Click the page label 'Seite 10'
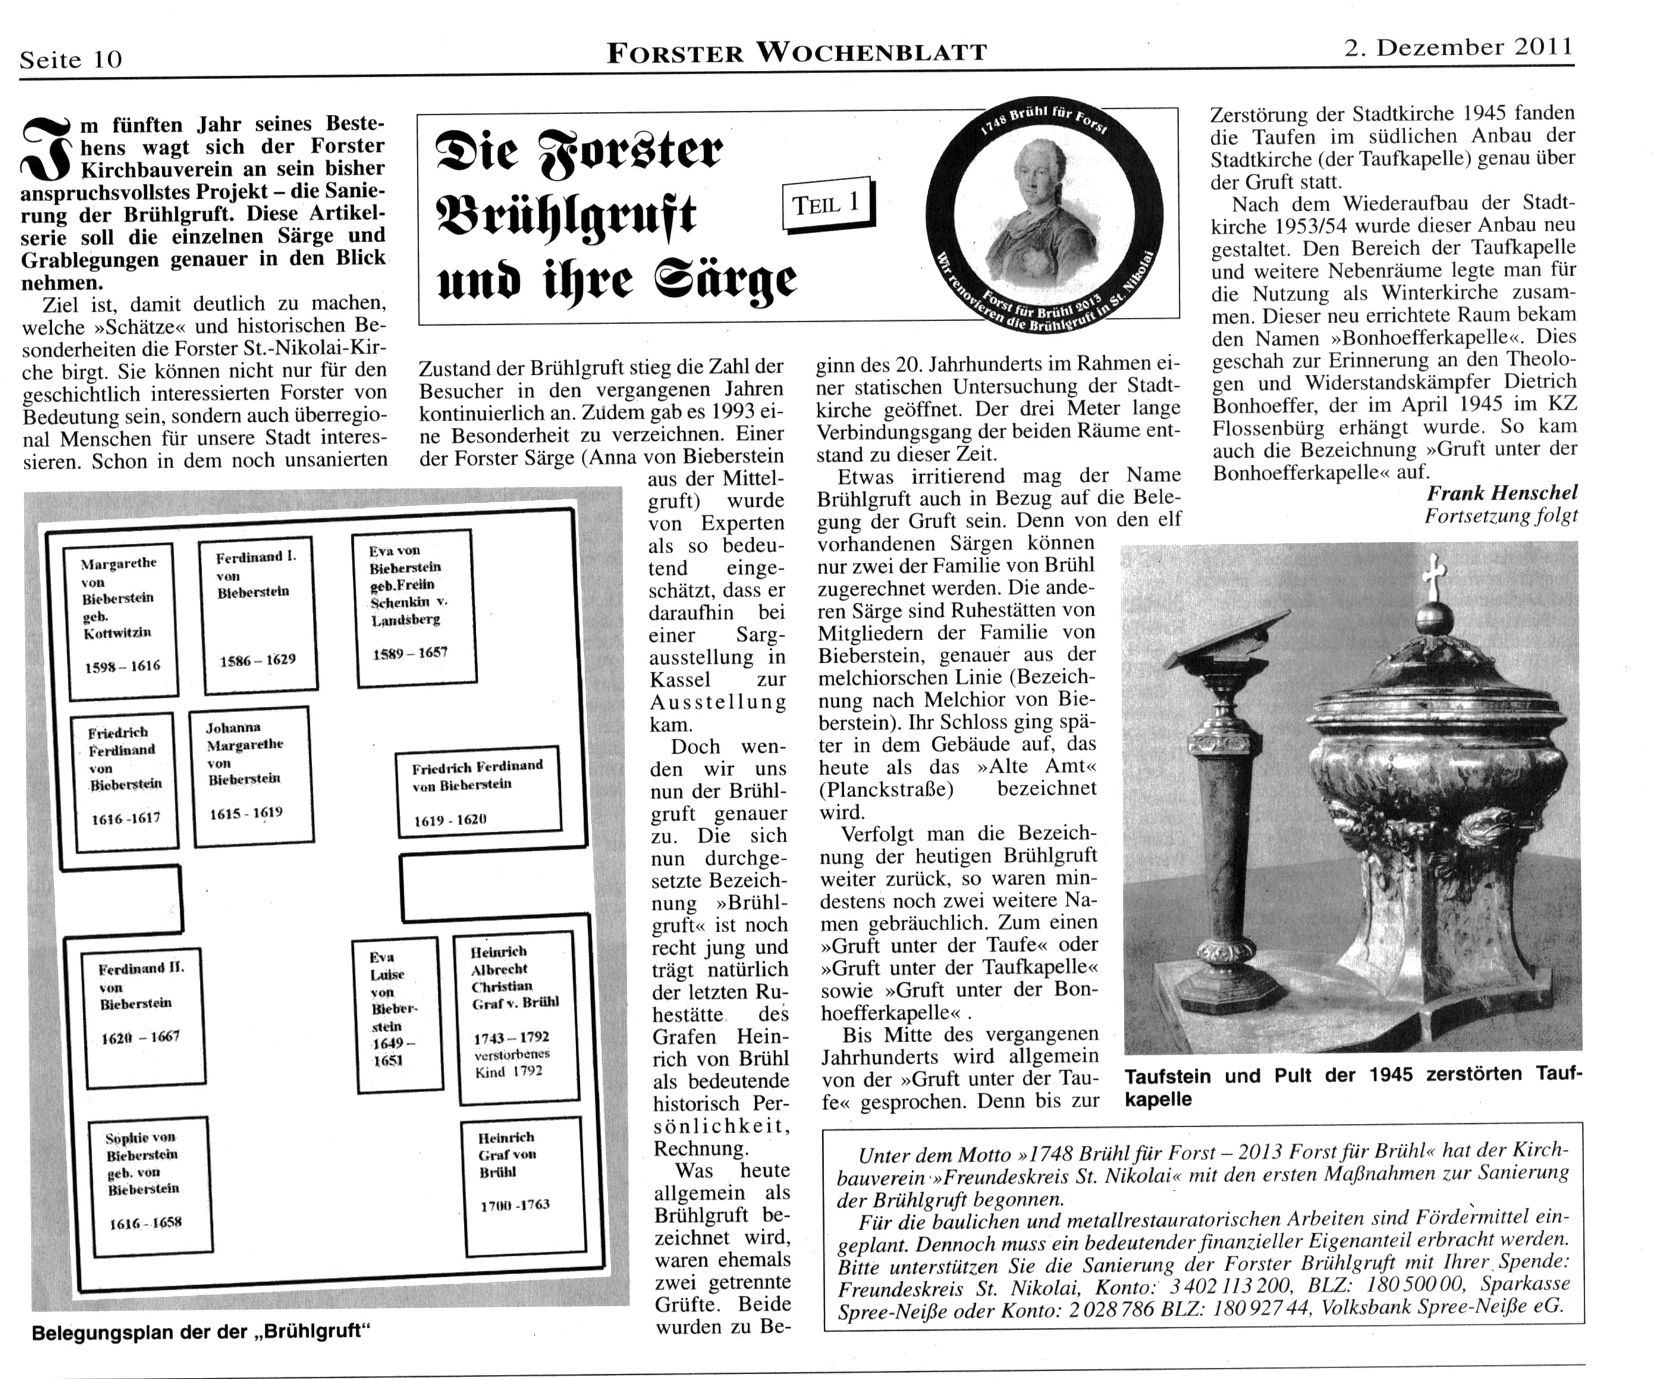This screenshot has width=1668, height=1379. point(71,59)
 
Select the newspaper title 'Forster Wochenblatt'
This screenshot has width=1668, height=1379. point(796,52)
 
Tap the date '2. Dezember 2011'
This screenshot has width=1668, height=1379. point(1457,48)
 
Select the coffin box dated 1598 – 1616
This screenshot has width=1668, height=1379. point(121,621)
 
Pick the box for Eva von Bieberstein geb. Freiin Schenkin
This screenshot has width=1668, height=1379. point(414,607)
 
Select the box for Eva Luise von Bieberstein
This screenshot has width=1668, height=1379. point(395,1014)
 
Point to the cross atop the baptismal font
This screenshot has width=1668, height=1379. point(1434,576)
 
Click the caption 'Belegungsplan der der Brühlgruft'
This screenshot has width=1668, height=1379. point(202,1332)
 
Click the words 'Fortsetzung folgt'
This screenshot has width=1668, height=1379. point(1500,516)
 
